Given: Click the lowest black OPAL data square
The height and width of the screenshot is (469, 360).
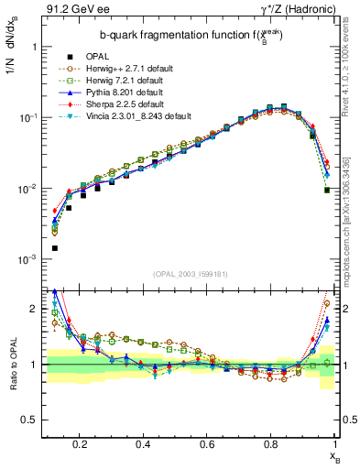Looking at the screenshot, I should pyautogui.click(x=55, y=248).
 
